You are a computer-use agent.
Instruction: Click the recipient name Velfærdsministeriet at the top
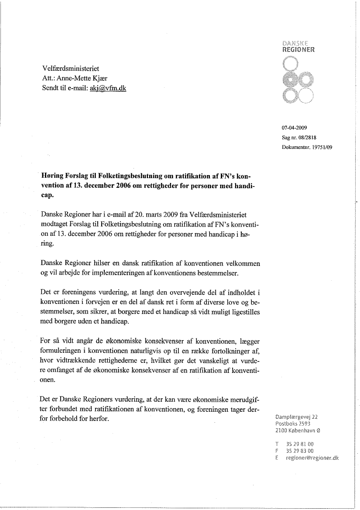point(71,69)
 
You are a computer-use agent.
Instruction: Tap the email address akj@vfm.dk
point(108,89)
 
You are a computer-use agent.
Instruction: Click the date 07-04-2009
point(295,128)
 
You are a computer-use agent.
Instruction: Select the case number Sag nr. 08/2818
point(299,138)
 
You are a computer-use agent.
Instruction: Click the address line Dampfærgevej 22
point(297,417)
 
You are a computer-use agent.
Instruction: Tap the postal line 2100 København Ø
point(298,430)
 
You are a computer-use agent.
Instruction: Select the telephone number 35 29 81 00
point(299,444)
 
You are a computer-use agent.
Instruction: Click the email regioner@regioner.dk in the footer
point(312,458)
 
